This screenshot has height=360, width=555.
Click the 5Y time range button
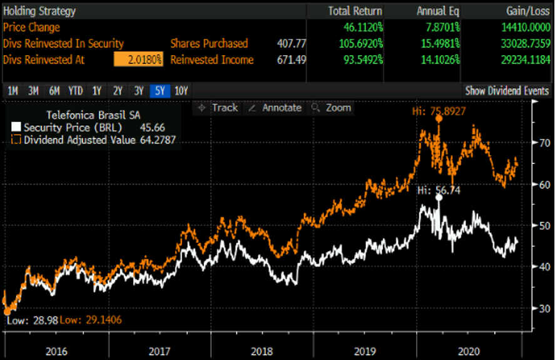pos(160,91)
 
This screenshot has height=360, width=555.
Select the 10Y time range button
pos(181,91)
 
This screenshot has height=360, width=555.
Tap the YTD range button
pos(76,91)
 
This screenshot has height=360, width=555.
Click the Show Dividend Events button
pos(507,91)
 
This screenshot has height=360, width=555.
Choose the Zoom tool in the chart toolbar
pos(333,108)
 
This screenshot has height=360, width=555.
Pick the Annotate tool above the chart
pos(275,108)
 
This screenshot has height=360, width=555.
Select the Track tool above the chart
pos(218,108)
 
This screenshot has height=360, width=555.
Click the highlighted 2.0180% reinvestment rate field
pos(138,59)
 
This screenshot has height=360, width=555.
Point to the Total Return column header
pos(355,11)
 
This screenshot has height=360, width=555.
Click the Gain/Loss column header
pos(529,11)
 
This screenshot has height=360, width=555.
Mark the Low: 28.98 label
pos(33,320)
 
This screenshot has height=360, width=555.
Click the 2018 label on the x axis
pos(262,351)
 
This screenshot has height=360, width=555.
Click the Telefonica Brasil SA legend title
pos(94,115)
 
